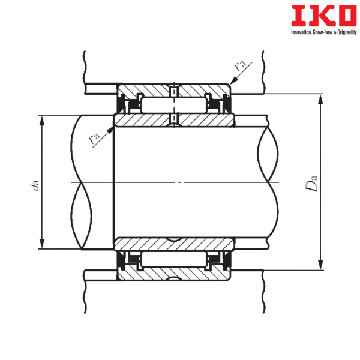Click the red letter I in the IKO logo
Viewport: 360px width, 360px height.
[299, 16]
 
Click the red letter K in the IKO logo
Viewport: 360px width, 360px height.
[320, 16]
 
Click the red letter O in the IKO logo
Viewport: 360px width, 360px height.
[344, 16]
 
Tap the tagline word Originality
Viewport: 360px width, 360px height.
[347, 32]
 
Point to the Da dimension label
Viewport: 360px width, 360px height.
[311, 183]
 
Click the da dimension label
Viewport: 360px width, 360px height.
[35, 185]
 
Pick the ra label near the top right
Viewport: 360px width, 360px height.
[240, 65]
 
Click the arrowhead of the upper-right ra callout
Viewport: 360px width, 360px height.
[233, 80]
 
